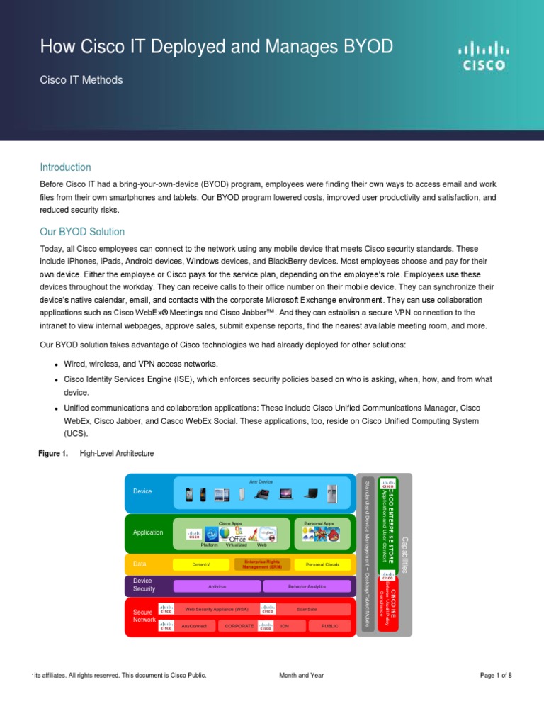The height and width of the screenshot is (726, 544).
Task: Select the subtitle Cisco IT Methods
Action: (x=81, y=80)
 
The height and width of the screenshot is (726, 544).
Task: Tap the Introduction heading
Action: (x=65, y=167)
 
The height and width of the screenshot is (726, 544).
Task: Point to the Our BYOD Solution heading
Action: (x=82, y=232)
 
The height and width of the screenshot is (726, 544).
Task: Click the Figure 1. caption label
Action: (x=52, y=453)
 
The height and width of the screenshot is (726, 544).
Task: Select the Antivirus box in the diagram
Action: (x=217, y=586)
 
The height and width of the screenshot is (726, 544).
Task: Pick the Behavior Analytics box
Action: (x=307, y=586)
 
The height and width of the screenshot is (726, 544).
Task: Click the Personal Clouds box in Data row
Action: (x=322, y=564)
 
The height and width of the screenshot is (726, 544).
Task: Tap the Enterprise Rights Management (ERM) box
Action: (x=261, y=564)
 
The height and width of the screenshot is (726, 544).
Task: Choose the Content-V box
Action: (x=201, y=564)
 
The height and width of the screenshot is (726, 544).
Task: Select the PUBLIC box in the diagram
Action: (x=329, y=626)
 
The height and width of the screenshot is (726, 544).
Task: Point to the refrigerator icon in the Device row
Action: (x=332, y=493)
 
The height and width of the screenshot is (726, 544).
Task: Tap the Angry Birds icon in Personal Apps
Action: (x=331, y=535)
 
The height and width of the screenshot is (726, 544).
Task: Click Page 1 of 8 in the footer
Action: (x=495, y=676)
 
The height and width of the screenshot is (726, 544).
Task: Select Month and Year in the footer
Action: (x=302, y=676)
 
